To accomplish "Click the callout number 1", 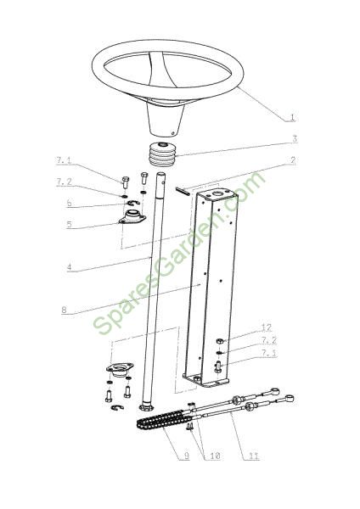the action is (x=292, y=117).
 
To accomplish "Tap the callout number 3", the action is (x=294, y=138).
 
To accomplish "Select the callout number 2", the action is (x=293, y=160).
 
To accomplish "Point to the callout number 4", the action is (x=69, y=268).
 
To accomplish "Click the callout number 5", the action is (x=69, y=224).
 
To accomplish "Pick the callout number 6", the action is (x=69, y=204).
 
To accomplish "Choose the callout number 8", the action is (x=64, y=310).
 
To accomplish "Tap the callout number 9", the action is (x=186, y=456).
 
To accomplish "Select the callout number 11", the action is (x=254, y=456).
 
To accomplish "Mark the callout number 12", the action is (x=267, y=327).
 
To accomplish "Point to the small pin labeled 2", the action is (x=183, y=191).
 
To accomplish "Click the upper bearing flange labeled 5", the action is (x=132, y=216).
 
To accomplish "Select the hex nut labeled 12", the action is (x=219, y=341).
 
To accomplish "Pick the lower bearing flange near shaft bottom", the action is (x=120, y=369).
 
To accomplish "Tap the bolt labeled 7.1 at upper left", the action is (x=125, y=182).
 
